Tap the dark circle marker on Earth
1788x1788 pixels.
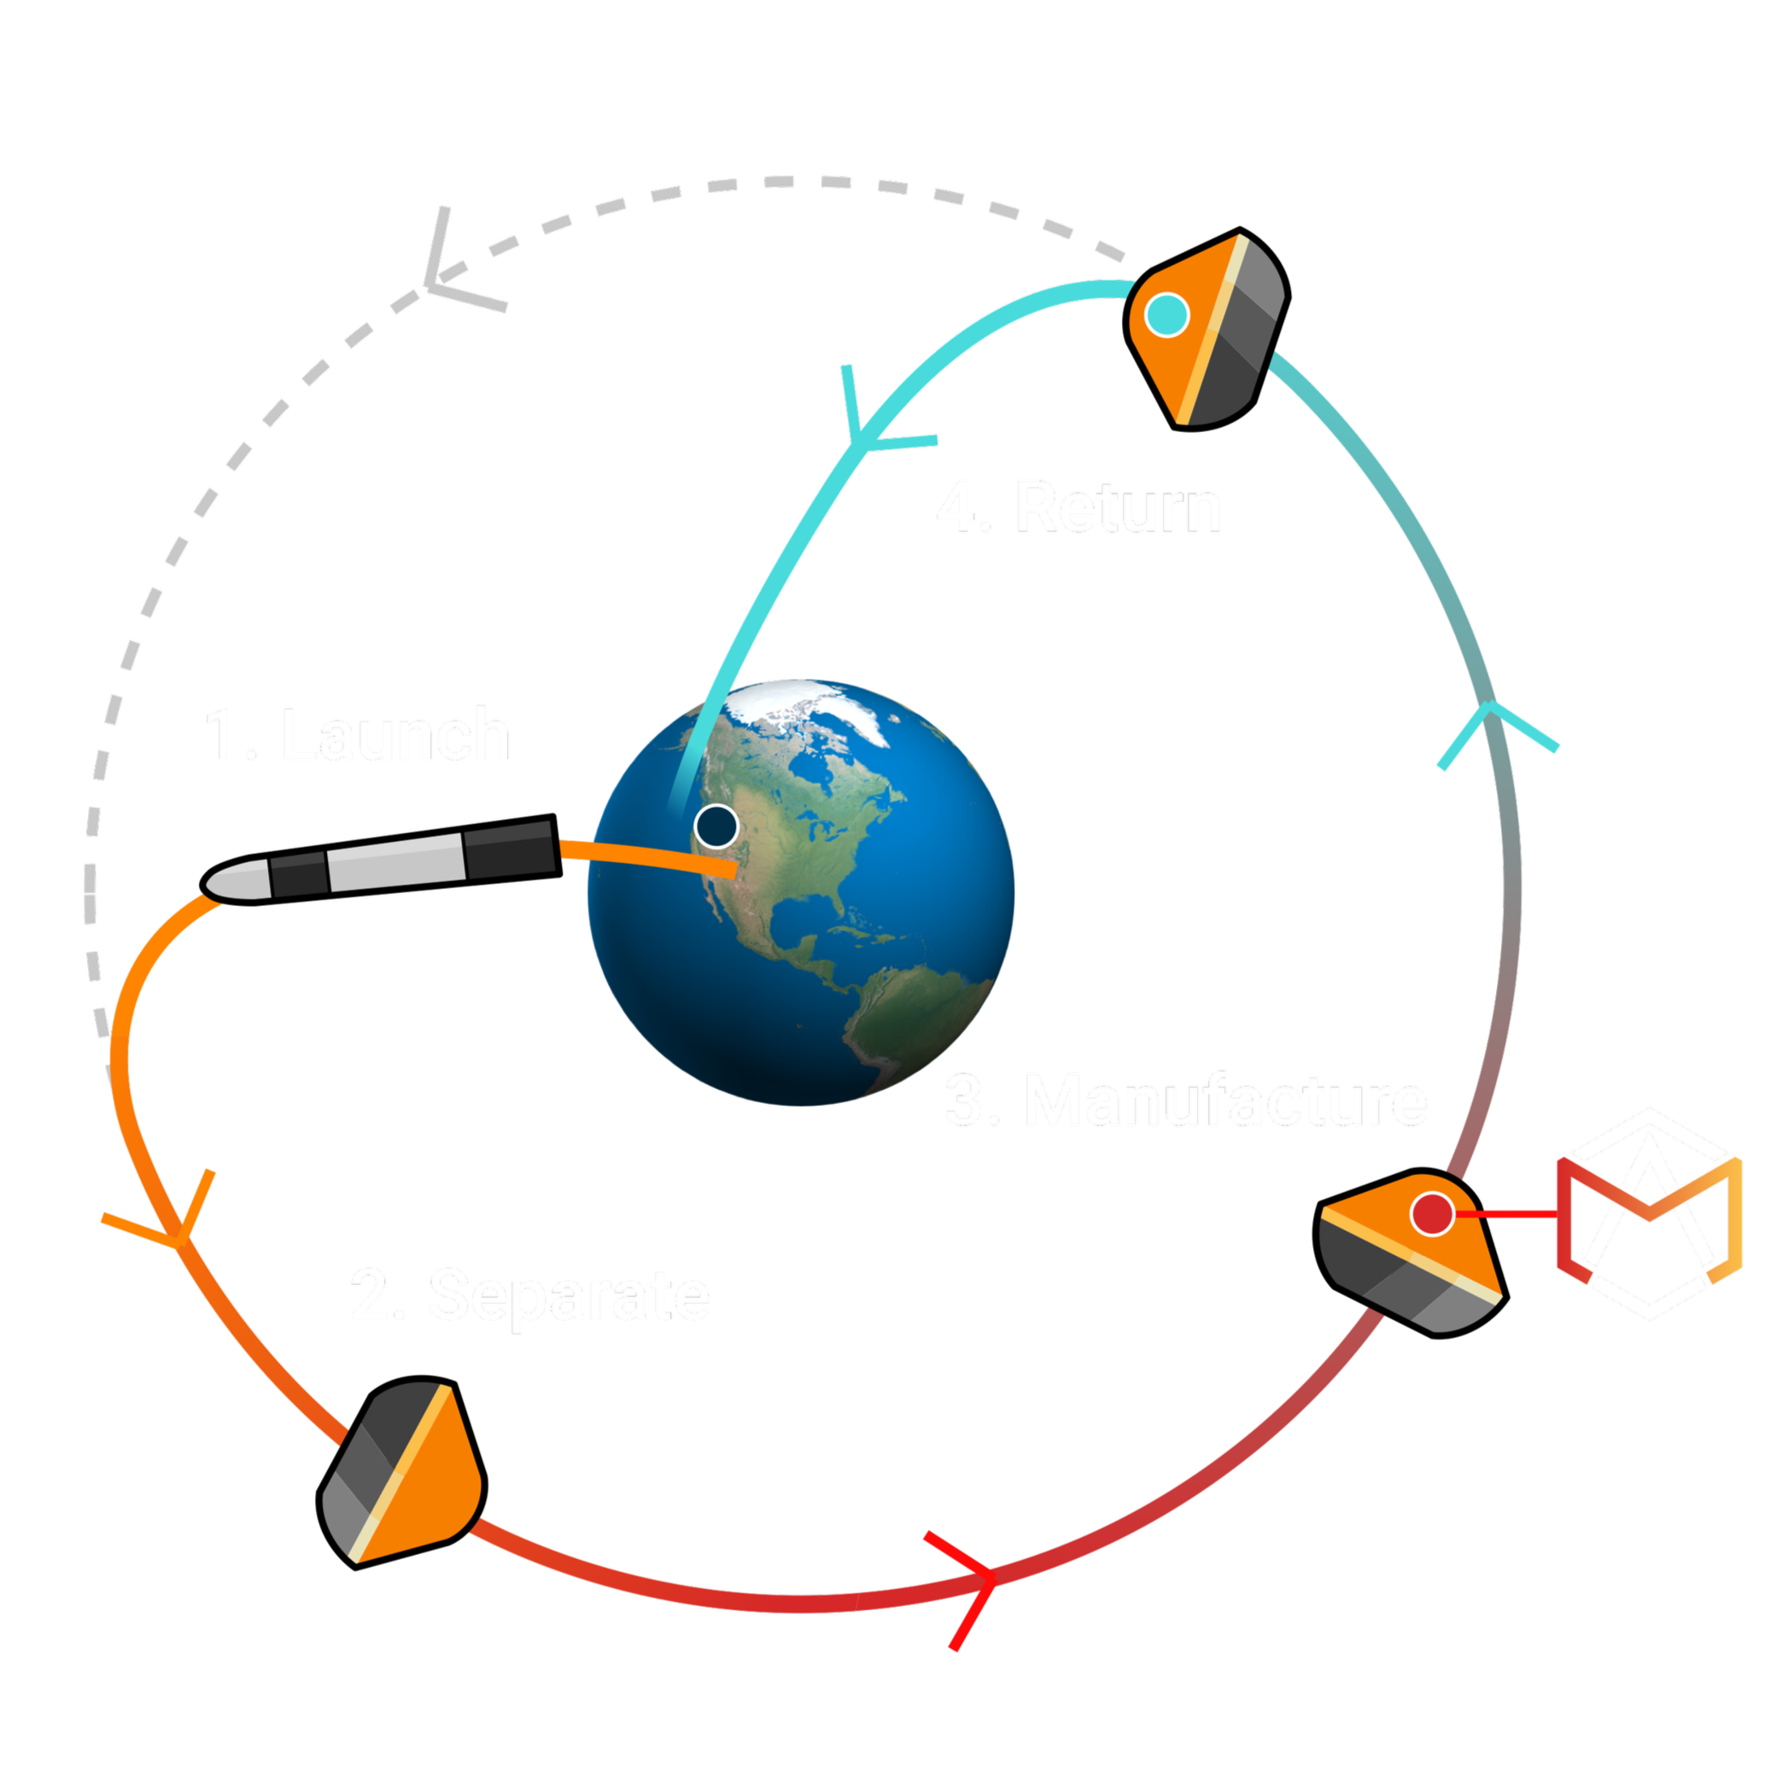(716, 826)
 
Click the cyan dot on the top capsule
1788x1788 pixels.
(1167, 315)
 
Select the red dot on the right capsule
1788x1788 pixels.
(1431, 1213)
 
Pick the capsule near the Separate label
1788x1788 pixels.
(402, 1473)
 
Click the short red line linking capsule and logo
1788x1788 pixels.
(1509, 1213)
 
